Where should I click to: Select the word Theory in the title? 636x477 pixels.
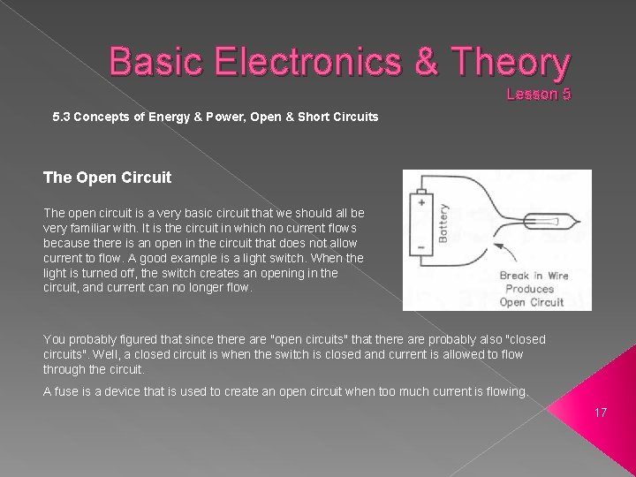tap(511, 62)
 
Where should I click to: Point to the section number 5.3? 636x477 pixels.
tap(62, 116)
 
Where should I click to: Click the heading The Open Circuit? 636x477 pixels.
tap(107, 178)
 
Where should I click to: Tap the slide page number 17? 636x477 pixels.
tap(601, 412)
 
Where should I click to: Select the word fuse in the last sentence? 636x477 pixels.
tap(66, 392)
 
